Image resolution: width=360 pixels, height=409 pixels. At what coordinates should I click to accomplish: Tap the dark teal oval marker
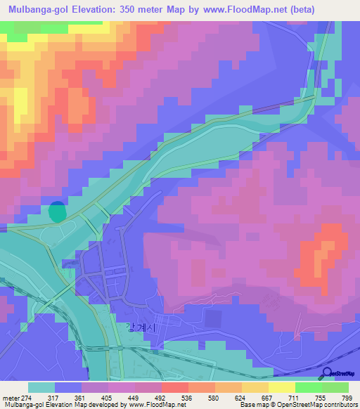click(x=57, y=210)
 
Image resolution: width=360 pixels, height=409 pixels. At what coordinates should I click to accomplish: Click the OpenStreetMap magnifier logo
click(x=328, y=372)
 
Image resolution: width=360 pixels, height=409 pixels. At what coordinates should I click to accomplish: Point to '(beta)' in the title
click(x=297, y=9)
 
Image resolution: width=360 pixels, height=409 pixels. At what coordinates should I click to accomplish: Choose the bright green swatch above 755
click(x=308, y=387)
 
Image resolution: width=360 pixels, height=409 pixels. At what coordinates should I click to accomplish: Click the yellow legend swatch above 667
click(x=255, y=387)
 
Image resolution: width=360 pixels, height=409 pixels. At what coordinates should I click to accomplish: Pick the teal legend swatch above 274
click(x=41, y=387)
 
